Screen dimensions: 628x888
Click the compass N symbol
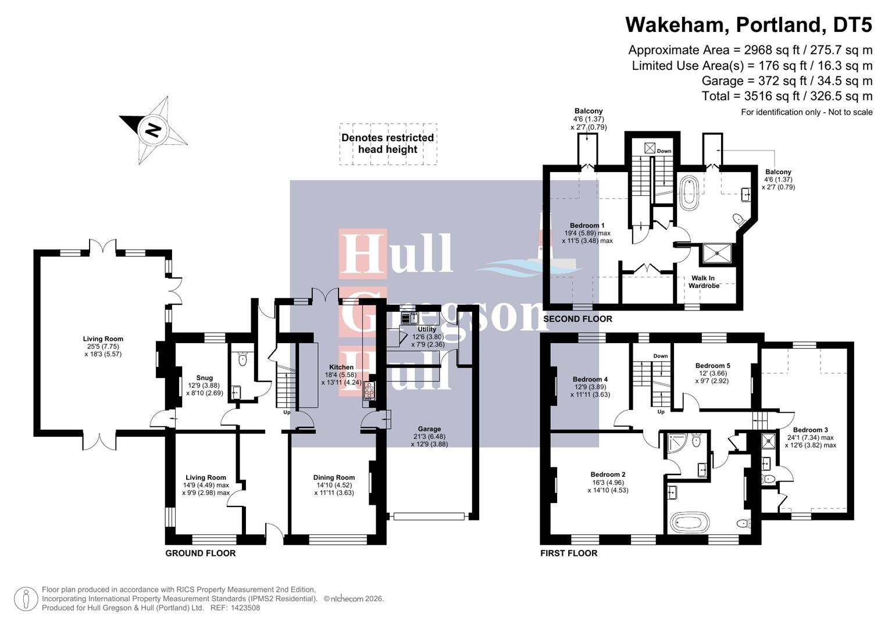pos(153,129)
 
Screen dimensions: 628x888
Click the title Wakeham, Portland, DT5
pos(748,25)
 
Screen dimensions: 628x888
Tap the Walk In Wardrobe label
pos(704,282)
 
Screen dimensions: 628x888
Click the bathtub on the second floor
pos(689,193)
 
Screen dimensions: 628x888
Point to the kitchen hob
pos(369,391)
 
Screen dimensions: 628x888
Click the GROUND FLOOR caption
pos(201,553)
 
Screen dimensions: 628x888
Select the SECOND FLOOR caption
pos(577,319)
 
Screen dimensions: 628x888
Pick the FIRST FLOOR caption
pos(569,553)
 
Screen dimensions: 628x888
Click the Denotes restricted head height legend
pos(388,144)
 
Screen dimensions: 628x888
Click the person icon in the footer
pos(26,599)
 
